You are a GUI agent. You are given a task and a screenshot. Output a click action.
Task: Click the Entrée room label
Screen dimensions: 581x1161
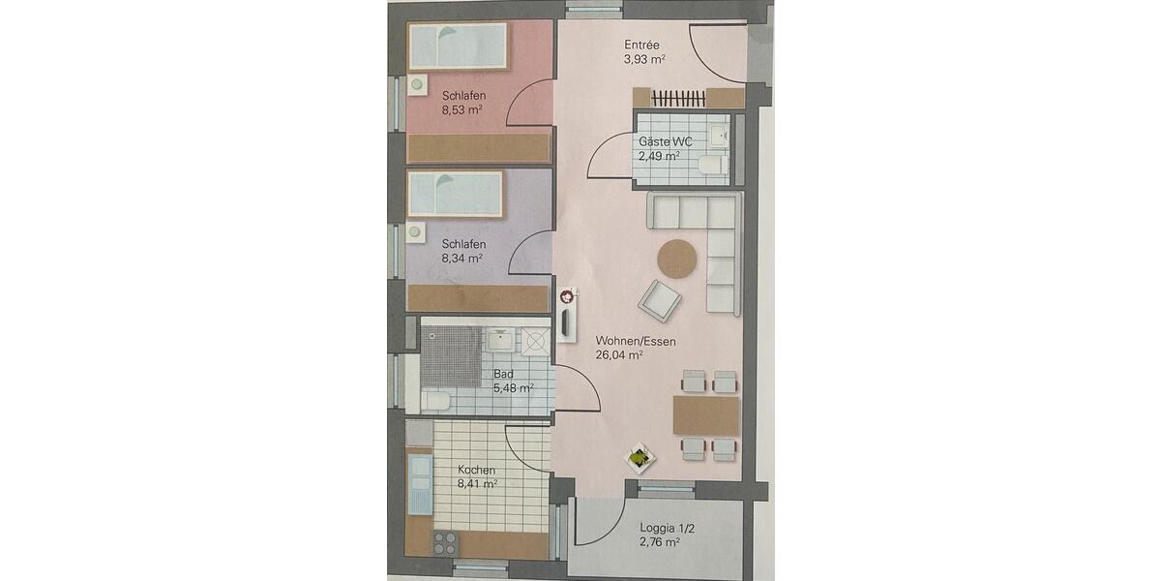click(x=643, y=44)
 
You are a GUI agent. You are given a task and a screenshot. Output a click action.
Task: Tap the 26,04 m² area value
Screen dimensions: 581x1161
click(x=621, y=354)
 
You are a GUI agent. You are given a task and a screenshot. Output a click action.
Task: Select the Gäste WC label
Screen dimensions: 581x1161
click(x=665, y=141)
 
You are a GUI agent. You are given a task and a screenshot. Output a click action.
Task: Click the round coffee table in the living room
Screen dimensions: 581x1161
click(x=677, y=259)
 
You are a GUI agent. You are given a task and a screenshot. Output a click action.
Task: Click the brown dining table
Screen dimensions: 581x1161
click(x=705, y=415)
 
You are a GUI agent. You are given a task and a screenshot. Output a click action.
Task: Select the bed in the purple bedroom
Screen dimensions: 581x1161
click(x=456, y=194)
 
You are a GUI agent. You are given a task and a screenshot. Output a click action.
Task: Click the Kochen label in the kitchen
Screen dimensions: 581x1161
click(x=477, y=469)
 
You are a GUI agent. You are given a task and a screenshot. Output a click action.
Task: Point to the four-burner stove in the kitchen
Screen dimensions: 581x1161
click(x=444, y=542)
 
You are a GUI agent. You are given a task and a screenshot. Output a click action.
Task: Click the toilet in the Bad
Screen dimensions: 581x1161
click(x=435, y=400)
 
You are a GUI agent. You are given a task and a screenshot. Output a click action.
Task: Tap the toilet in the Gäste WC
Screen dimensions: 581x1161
click(x=712, y=165)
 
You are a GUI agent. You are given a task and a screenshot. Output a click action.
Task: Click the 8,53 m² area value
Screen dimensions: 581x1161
click(x=462, y=110)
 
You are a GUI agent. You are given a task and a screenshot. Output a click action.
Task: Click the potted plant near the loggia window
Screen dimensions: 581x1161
click(x=639, y=456)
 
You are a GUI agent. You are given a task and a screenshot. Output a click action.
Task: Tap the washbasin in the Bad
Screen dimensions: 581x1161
click(x=499, y=339)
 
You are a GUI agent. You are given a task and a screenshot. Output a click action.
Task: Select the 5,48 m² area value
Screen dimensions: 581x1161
click(x=513, y=388)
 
